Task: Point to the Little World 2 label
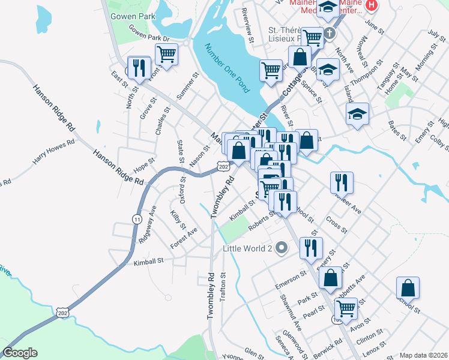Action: tap(248, 248)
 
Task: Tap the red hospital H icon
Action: tap(372, 5)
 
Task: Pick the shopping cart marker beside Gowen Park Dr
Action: tap(167, 55)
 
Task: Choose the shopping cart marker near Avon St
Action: tap(346, 309)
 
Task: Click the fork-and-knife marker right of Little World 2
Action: tap(311, 247)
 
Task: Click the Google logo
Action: tap(20, 353)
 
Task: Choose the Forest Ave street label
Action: tap(184, 239)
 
